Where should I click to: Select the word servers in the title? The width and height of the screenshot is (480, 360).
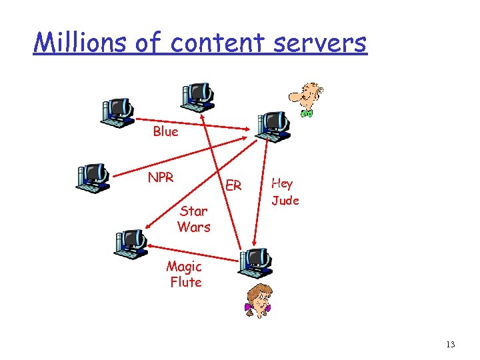pyautogui.click(x=323, y=43)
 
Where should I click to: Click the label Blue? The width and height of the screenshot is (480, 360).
pyautogui.click(x=165, y=131)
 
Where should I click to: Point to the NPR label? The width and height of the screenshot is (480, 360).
pyautogui.click(x=161, y=177)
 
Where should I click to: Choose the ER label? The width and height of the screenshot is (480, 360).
pyautogui.click(x=233, y=185)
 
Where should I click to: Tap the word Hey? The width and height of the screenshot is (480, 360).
pyautogui.click(x=282, y=183)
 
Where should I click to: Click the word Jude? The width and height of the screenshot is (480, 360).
pyautogui.click(x=285, y=200)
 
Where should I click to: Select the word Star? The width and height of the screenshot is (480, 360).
pyautogui.click(x=193, y=211)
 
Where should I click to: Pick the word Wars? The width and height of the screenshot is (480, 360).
pyautogui.click(x=193, y=227)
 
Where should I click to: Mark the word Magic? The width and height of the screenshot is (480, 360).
pyautogui.click(x=184, y=267)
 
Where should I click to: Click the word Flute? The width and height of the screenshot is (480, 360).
pyautogui.click(x=185, y=282)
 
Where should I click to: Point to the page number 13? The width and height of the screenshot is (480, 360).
pyautogui.click(x=450, y=344)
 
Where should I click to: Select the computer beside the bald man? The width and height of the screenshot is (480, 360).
pyautogui.click(x=273, y=126)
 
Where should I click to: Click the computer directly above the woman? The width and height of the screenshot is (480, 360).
pyautogui.click(x=255, y=262)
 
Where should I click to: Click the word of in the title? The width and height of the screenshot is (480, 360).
pyautogui.click(x=149, y=43)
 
